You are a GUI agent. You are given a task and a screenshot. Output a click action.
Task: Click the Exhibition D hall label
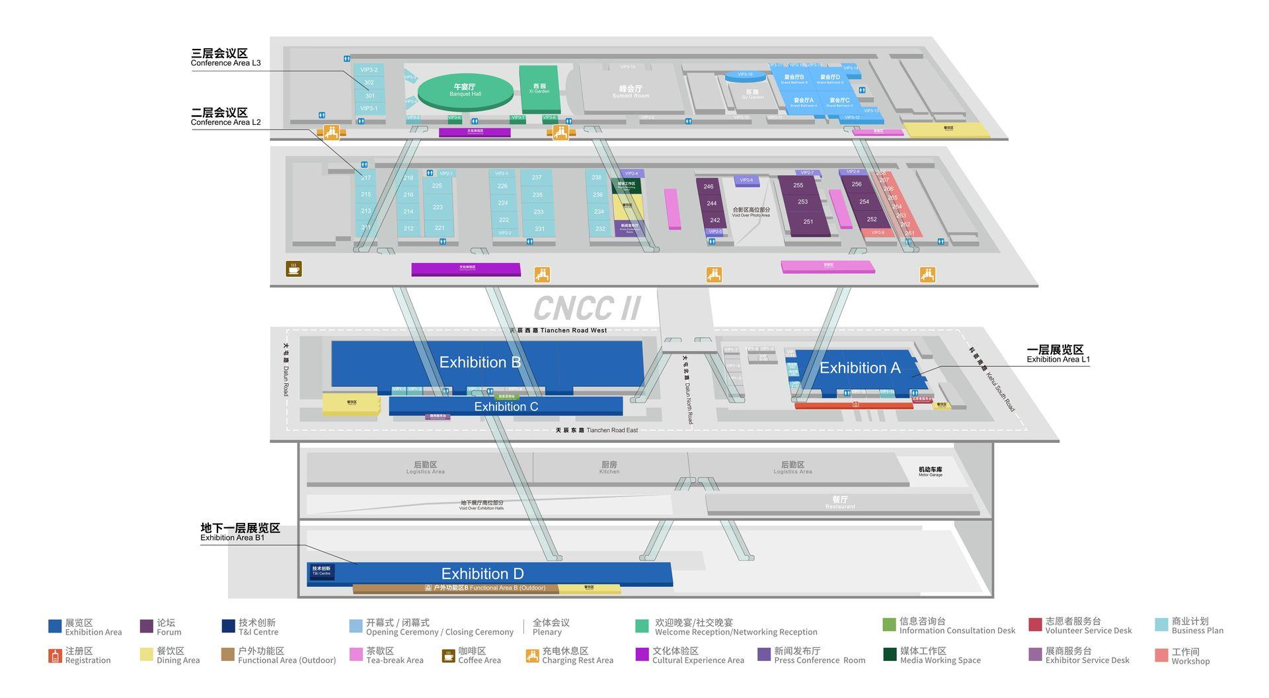coord(482,573)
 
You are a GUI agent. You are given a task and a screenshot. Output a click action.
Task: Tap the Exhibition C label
coord(506,407)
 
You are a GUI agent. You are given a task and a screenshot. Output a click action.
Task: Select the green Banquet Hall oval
coord(465,91)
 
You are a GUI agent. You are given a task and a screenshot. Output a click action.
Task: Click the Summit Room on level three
coord(631,91)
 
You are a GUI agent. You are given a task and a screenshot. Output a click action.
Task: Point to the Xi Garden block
coord(539,89)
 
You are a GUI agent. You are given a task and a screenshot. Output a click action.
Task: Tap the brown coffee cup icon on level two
coord(293,269)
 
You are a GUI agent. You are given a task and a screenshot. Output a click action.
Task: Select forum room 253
coord(802,202)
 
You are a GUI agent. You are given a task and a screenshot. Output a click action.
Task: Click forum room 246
coord(709,187)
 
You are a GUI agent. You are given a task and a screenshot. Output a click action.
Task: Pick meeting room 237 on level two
coord(537,178)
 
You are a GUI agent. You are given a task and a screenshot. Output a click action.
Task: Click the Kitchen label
coord(609,467)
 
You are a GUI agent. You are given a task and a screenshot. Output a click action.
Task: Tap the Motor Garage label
coord(930,471)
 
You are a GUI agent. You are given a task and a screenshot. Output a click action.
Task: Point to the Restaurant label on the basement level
coord(840,502)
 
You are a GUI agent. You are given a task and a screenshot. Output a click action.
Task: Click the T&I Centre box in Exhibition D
coord(322,570)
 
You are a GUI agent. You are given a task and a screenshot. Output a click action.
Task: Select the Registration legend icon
coord(55,656)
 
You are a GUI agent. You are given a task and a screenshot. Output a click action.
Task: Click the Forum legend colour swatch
coord(147,626)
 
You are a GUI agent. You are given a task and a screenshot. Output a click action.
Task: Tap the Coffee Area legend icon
coord(448,656)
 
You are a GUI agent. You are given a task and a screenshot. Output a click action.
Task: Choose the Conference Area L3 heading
coord(225,58)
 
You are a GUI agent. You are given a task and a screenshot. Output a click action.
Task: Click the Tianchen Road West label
coord(558,330)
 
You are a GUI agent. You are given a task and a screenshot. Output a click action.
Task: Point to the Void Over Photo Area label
coord(751,212)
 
